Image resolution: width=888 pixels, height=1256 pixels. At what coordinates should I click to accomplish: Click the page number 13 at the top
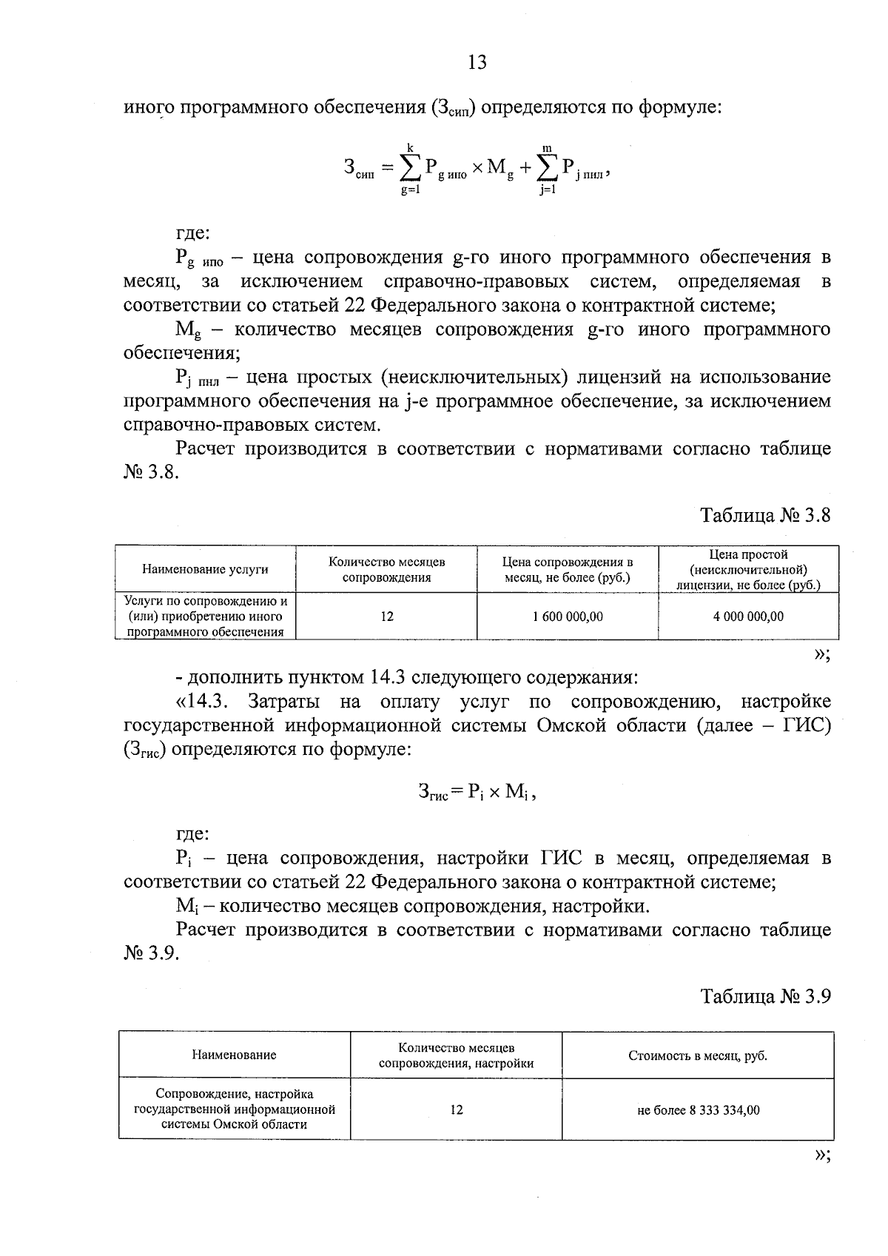point(477,63)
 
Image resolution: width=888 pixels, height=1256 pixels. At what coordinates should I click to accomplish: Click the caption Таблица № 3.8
point(765,515)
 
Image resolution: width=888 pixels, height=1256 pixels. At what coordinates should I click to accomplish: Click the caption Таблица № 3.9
point(765,996)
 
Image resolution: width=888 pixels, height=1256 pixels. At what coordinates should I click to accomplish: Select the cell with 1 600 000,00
point(568,617)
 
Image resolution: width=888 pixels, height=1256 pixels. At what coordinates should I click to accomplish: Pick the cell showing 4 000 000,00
point(748,617)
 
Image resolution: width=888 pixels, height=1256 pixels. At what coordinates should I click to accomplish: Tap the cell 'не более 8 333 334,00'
point(698,1110)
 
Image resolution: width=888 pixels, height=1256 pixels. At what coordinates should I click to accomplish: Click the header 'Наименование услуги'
point(205,569)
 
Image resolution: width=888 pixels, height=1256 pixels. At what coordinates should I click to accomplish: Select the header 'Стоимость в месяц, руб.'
point(698,1055)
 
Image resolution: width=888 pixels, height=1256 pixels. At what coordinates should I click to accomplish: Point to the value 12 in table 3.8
point(387,617)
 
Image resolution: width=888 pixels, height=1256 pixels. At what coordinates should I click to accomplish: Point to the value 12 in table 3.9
point(457,1110)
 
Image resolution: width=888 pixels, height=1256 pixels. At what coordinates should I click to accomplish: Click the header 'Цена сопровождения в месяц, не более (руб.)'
point(568,569)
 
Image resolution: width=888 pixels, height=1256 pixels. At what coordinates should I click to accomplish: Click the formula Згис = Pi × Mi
point(477,793)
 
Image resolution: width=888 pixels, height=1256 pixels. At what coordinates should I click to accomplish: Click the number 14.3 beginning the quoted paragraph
point(212,702)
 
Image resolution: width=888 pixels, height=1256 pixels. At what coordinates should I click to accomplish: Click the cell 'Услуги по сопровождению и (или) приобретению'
point(205,617)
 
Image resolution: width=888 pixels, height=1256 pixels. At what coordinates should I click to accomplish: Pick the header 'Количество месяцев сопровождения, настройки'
point(457,1055)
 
